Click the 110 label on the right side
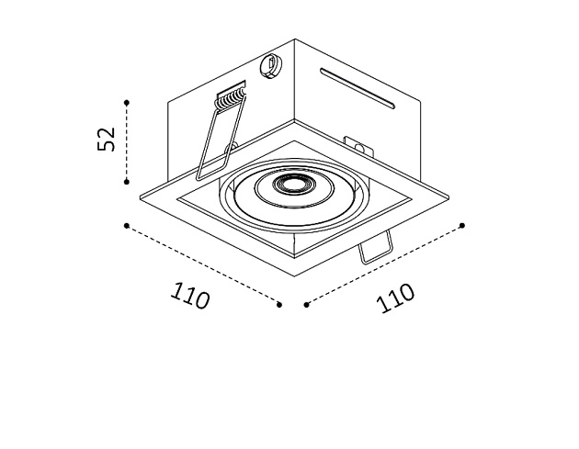pyautogui.click(x=396, y=297)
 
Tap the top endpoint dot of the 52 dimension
pyautogui.click(x=127, y=102)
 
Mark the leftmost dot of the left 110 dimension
pyautogui.click(x=127, y=223)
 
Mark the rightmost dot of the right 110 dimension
pyautogui.click(x=462, y=224)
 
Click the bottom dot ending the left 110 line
pyautogui.click(x=279, y=304)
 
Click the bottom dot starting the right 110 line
pyautogui.click(x=305, y=304)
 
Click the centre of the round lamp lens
pyautogui.click(x=294, y=184)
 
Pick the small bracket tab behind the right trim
pyautogui.click(x=354, y=143)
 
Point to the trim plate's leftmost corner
pyautogui.click(x=139, y=196)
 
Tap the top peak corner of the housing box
pyautogui.click(x=295, y=39)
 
